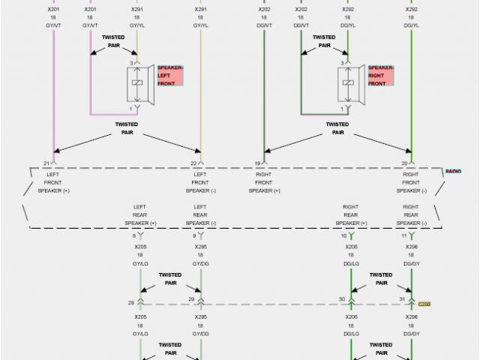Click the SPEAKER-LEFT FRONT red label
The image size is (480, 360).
170,75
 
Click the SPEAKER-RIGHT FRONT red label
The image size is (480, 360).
380,75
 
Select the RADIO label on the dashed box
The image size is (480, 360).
453,172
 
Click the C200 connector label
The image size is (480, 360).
424,304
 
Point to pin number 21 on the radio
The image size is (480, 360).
46,163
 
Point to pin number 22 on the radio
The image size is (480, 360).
193,163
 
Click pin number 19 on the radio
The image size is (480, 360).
257,163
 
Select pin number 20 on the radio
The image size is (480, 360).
404,163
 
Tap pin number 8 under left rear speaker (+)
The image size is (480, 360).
133,235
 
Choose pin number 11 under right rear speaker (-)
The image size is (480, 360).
403,235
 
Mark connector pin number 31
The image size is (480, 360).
402,300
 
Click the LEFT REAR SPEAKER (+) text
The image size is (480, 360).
140,214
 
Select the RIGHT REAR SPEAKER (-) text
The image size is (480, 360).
411,214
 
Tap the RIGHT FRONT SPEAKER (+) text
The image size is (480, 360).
264,181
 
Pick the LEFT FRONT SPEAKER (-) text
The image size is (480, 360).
200,181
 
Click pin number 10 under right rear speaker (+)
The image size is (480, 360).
343,235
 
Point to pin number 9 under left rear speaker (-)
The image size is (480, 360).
193,235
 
